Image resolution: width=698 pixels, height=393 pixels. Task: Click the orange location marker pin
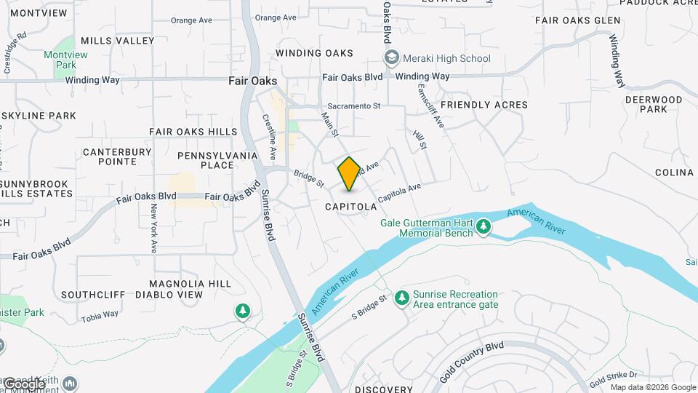(349, 174)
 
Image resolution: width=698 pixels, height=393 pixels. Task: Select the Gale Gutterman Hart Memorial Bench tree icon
(484, 229)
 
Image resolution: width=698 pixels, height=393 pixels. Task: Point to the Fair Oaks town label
(252, 81)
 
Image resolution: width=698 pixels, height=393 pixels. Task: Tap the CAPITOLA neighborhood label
(351, 207)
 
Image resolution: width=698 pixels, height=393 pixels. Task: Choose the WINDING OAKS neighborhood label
(314, 53)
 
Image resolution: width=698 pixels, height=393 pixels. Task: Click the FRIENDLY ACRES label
(484, 105)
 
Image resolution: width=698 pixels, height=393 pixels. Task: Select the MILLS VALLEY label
(118, 41)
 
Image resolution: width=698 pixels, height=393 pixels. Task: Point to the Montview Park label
(65, 60)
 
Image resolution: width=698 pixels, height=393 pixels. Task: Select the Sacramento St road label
(353, 106)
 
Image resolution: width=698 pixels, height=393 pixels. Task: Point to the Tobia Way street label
(100, 315)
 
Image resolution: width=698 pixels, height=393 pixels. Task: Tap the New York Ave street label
(153, 227)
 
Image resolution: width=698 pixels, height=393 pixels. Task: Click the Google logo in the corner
(23, 384)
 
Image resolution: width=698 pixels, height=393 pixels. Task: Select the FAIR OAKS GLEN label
(577, 20)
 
